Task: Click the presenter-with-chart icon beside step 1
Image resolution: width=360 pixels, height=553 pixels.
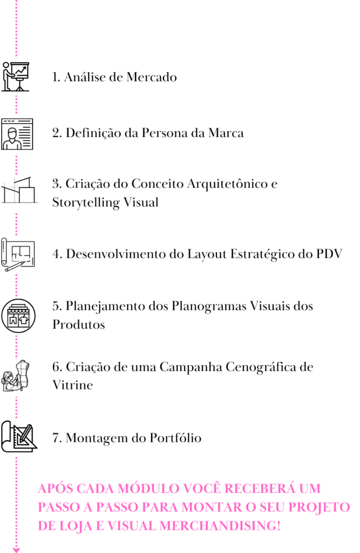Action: point(16,77)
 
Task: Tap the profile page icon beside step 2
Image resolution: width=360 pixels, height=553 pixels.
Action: point(17,134)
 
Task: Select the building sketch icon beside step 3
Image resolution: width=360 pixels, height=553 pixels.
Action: point(19,190)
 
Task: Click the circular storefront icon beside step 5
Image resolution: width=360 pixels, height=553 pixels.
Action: point(18,316)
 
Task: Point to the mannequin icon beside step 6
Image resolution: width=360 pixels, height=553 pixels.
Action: point(16,376)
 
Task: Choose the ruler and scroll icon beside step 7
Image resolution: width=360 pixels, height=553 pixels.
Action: point(19,436)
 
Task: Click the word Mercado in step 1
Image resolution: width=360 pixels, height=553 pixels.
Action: point(152,77)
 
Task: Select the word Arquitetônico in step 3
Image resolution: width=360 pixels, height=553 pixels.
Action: point(227,184)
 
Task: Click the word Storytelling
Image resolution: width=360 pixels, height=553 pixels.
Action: point(86,203)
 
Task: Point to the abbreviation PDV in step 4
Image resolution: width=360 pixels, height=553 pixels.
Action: point(329,254)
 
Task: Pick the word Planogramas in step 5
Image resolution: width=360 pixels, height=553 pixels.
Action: point(209,307)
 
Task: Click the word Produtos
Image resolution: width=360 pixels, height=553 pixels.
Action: point(79,325)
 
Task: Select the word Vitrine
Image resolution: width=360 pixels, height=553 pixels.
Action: point(73,385)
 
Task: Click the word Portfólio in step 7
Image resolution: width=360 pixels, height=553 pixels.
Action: point(175,438)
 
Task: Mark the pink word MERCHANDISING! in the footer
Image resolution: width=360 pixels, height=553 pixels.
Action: point(220,526)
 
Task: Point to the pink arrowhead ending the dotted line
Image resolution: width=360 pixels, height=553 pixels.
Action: point(16,550)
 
